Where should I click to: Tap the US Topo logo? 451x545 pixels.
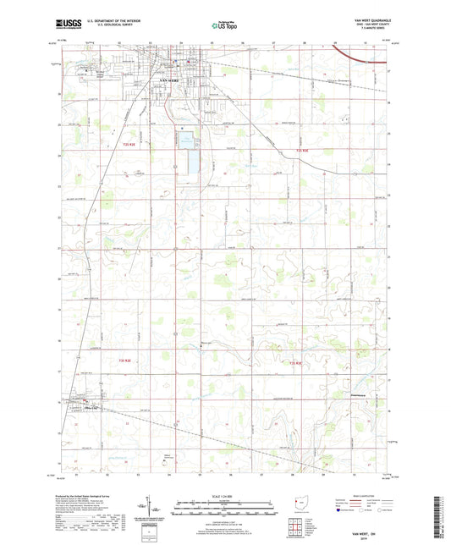coord(224,27)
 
